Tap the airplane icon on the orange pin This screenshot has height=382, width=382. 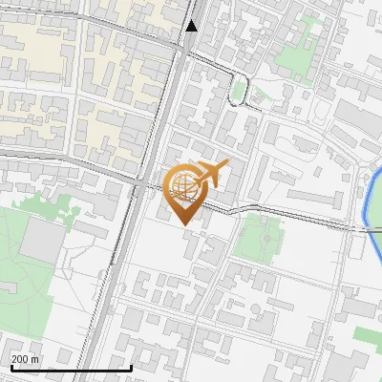click(209, 174)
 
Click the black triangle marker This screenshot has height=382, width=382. click(192, 26)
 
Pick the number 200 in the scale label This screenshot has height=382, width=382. click(21, 359)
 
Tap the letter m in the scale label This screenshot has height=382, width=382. click(36, 359)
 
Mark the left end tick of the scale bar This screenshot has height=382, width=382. click(11, 367)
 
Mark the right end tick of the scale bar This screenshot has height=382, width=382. click(131, 367)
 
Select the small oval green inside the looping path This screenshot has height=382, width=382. click(239, 90)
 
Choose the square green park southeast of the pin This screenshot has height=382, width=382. click(258, 237)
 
